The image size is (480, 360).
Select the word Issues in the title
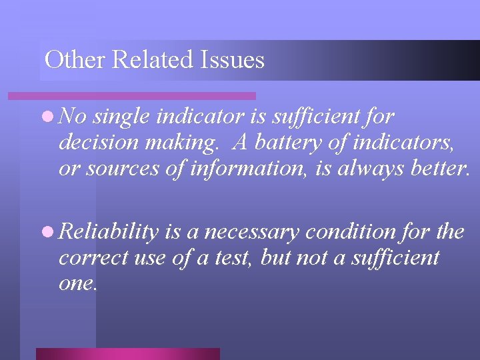232,60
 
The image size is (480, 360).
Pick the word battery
289,143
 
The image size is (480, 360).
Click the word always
369,168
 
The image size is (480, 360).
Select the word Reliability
109,232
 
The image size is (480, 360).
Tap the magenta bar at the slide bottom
127,353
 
